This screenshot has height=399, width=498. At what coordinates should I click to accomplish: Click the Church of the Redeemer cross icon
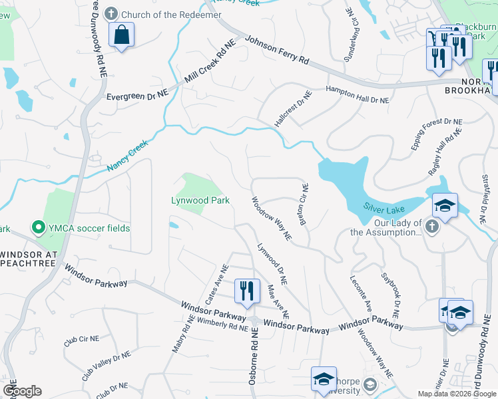[111, 13]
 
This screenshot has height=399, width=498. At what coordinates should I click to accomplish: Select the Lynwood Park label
[200, 200]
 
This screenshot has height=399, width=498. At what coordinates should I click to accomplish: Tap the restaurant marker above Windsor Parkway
[246, 291]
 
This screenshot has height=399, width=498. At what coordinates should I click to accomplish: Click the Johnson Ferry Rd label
[277, 51]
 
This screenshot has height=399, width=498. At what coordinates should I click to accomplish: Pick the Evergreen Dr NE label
[138, 97]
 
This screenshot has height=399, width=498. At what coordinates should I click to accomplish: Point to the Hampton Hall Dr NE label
[357, 94]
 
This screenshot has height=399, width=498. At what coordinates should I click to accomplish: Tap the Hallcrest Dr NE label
[294, 111]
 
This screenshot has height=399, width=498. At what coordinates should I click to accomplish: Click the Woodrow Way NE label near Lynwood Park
[271, 218]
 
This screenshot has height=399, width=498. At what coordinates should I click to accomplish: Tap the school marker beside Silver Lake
[445, 205]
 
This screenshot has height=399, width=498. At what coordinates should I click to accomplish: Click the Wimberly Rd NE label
[214, 324]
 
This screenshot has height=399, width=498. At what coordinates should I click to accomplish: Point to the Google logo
[22, 391]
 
